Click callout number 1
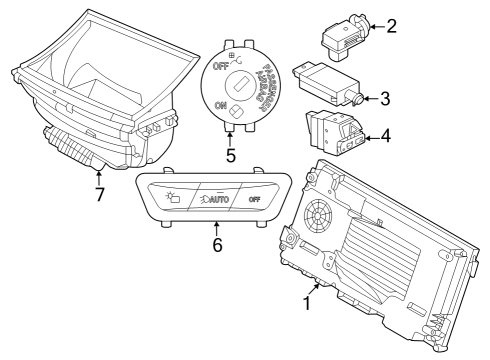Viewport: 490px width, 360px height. click(307, 299)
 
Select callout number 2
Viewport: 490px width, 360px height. click(392, 25)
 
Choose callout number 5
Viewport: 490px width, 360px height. click(230, 156)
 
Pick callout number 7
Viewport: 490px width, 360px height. click(99, 194)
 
